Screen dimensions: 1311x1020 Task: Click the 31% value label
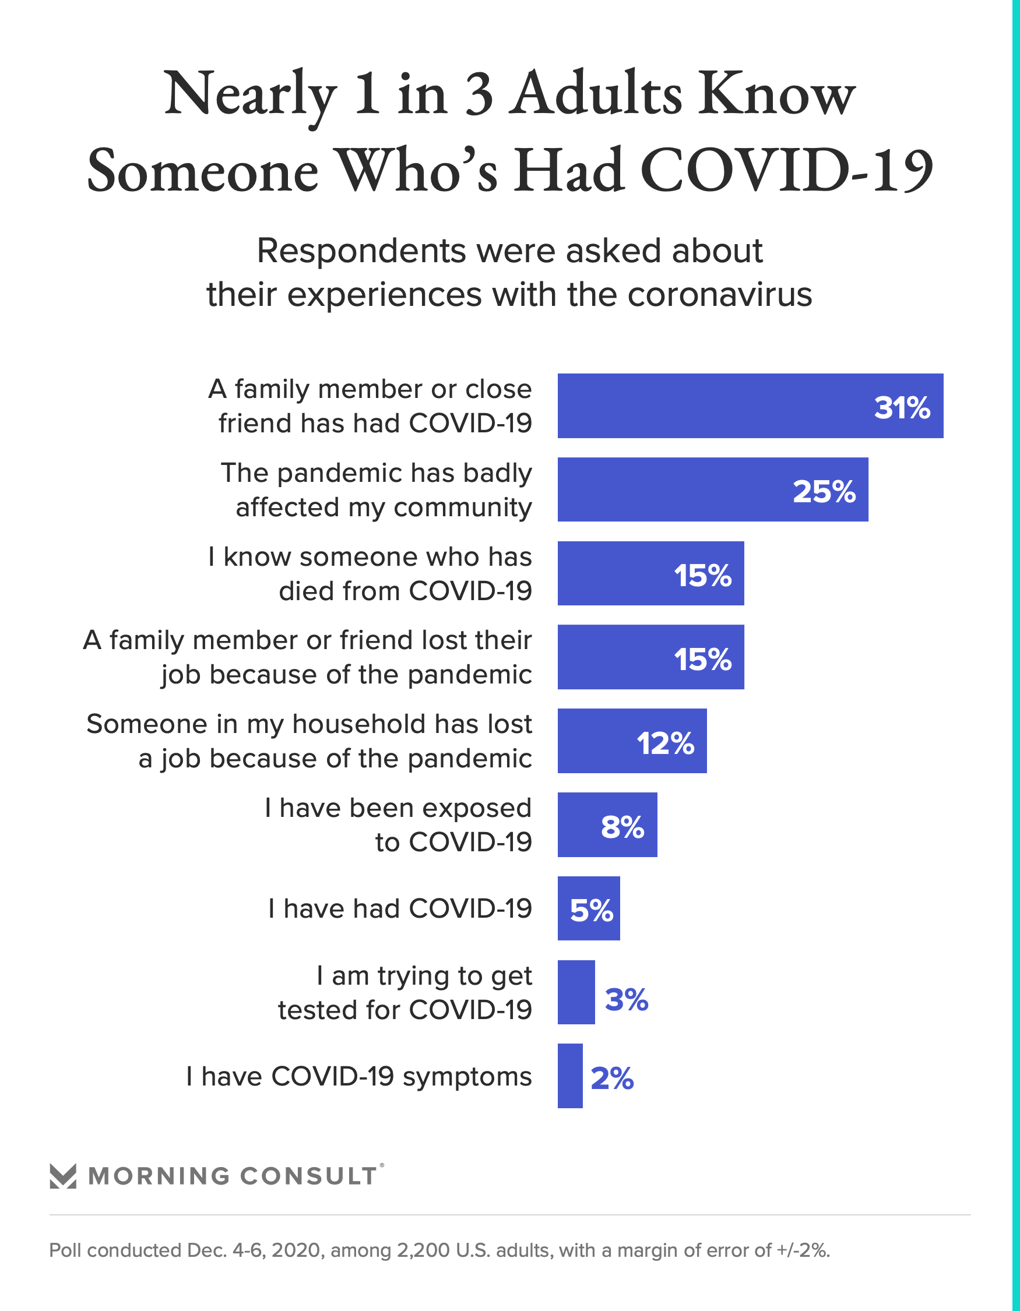click(902, 408)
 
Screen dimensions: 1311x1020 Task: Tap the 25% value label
click(824, 492)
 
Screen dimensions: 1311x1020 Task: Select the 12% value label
click(665, 743)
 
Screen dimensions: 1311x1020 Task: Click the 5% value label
click(592, 911)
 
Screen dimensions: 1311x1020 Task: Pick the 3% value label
click(626, 999)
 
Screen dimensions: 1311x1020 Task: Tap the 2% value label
click(612, 1078)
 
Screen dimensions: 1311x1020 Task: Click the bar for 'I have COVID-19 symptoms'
click(569, 1076)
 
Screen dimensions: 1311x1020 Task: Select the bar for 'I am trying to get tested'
click(576, 992)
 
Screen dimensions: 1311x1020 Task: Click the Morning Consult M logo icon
click(63, 1176)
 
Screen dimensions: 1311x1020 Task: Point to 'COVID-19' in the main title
click(786, 171)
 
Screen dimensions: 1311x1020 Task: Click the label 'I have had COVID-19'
click(400, 909)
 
